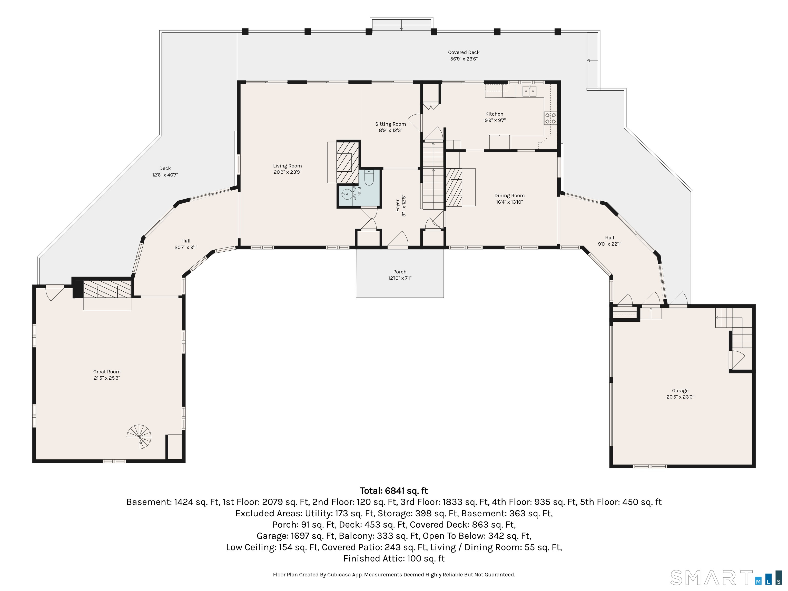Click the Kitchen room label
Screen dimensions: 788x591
pyautogui.click(x=494, y=114)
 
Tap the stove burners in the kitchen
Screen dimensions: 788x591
pyautogui.click(x=550, y=118)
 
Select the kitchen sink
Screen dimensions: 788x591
pyautogui.click(x=529, y=92)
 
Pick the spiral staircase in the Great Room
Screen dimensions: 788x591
pyautogui.click(x=140, y=437)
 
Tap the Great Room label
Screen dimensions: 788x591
pyautogui.click(x=107, y=372)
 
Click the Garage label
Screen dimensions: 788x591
pyautogui.click(x=680, y=390)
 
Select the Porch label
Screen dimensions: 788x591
pyautogui.click(x=400, y=272)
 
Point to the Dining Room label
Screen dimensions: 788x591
pyautogui.click(x=509, y=195)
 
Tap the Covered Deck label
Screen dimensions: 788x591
pyautogui.click(x=464, y=52)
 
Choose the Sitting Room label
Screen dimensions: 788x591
pyautogui.click(x=390, y=124)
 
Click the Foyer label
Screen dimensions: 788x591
pyautogui.click(x=398, y=205)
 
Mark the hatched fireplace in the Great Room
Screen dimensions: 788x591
pyautogui.click(x=107, y=289)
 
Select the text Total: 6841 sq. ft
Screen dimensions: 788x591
pyautogui.click(x=394, y=491)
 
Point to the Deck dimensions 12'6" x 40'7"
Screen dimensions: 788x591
pyautogui.click(x=165, y=175)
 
